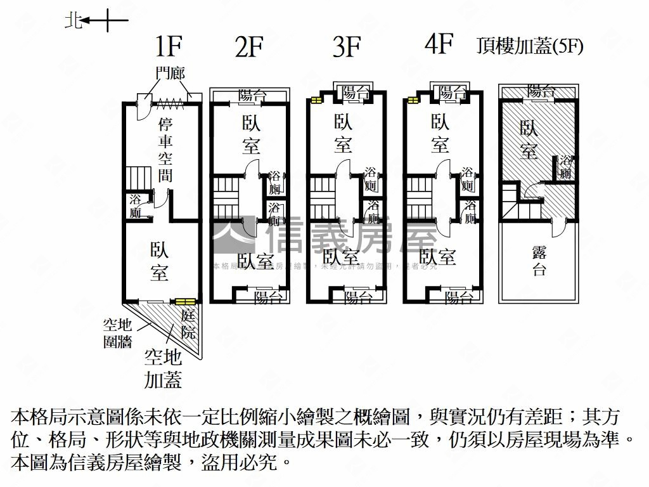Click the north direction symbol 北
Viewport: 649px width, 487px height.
point(73,22)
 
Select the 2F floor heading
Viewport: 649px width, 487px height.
point(248,48)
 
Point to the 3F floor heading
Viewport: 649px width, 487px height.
point(346,47)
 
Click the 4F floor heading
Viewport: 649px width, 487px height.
point(440,45)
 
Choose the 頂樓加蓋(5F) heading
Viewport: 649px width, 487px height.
point(530,47)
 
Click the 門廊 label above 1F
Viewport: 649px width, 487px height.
point(170,74)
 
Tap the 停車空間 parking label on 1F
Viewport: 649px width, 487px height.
point(166,148)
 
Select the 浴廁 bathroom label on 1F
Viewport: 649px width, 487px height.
point(135,206)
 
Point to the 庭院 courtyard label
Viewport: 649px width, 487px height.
point(188,323)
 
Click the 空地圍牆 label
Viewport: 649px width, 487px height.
point(117,334)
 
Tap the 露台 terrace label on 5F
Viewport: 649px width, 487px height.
point(539,261)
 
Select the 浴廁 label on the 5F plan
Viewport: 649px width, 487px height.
point(566,167)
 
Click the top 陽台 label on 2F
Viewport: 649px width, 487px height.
point(252,95)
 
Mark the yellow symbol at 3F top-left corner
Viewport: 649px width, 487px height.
point(315,99)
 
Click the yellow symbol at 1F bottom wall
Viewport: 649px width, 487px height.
point(185,301)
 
